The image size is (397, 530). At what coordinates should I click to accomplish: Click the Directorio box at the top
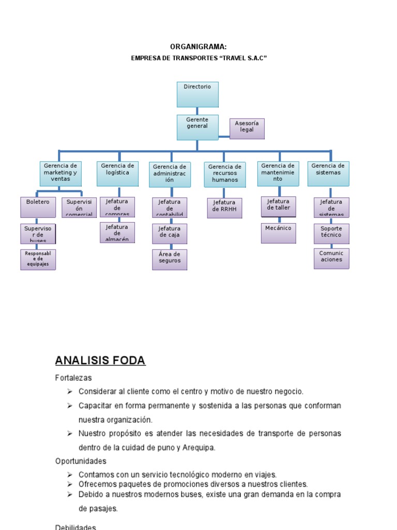[x=197, y=94]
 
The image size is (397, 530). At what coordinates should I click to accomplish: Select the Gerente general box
[x=197, y=127]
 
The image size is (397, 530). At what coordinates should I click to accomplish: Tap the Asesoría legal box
[x=247, y=128]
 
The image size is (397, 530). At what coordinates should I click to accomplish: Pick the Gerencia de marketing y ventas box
[x=60, y=173]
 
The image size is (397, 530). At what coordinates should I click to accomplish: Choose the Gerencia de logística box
[x=117, y=173]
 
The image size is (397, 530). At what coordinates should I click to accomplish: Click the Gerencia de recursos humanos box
[x=224, y=174]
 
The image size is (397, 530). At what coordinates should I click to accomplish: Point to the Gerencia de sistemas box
[x=328, y=173]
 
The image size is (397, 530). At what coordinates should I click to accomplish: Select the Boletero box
[x=38, y=207]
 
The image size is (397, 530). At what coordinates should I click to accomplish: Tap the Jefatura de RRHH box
[x=224, y=208]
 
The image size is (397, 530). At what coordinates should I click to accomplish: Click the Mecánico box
[x=279, y=233]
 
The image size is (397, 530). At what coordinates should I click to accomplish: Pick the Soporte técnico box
[x=331, y=233]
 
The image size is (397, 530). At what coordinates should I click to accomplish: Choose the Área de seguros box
[x=170, y=259]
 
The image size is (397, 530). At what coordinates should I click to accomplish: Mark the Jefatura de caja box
[x=170, y=233]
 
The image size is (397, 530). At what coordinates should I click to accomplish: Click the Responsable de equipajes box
[x=38, y=259]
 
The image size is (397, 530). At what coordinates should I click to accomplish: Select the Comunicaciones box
[x=331, y=258]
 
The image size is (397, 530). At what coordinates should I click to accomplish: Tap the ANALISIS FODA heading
[x=100, y=361]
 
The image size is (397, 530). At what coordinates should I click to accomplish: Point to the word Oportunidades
[x=81, y=461]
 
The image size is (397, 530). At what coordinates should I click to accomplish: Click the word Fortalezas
[x=73, y=378]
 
